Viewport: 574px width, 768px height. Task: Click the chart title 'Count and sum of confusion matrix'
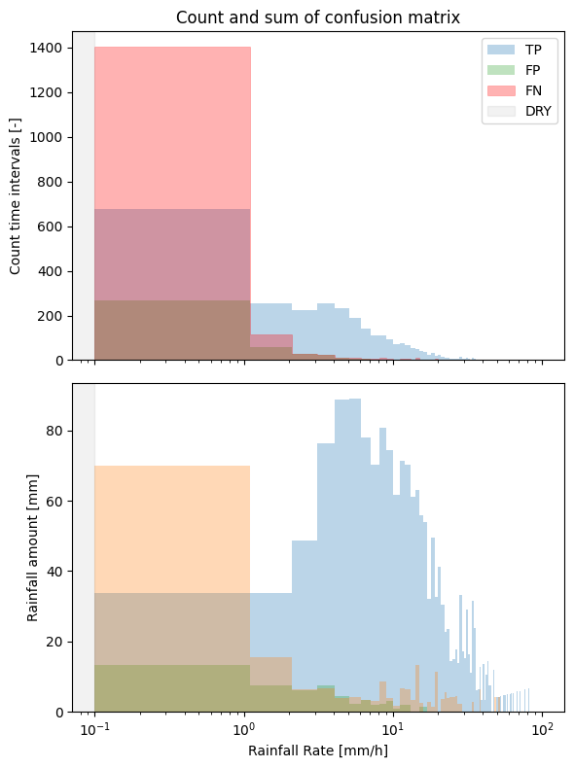coord(317,17)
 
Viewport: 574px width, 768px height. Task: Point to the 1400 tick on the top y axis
coord(47,48)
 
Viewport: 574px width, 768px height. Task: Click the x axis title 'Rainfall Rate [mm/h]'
coord(317,751)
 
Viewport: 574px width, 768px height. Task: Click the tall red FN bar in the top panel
coord(172,126)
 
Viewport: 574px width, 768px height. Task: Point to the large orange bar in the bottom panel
coord(172,525)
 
